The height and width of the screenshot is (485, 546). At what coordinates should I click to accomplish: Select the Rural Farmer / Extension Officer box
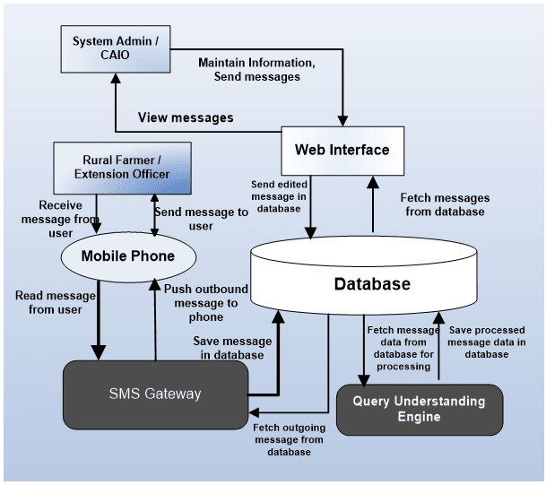tap(123, 167)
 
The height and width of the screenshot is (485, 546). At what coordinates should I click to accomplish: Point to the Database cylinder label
tap(372, 284)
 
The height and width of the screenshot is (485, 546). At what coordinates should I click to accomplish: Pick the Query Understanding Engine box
tap(418, 409)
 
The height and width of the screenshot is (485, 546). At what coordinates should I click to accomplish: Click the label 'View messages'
tap(186, 117)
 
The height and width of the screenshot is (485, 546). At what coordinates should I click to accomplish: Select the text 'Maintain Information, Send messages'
tap(256, 70)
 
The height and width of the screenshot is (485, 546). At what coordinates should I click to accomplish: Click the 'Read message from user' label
tap(48, 301)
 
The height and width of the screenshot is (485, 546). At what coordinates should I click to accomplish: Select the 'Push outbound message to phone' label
tap(200, 302)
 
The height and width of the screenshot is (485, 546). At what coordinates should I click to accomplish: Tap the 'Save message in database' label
tap(228, 348)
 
